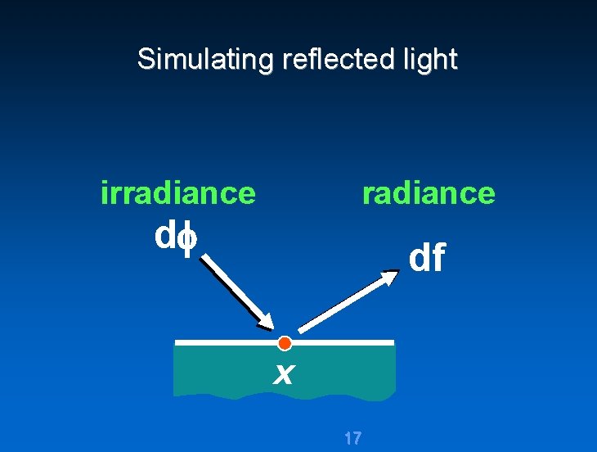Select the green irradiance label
(177, 193)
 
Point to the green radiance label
(429, 193)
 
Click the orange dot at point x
(285, 342)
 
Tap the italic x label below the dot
(283, 373)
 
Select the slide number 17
(352, 438)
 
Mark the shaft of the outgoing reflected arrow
(343, 304)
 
